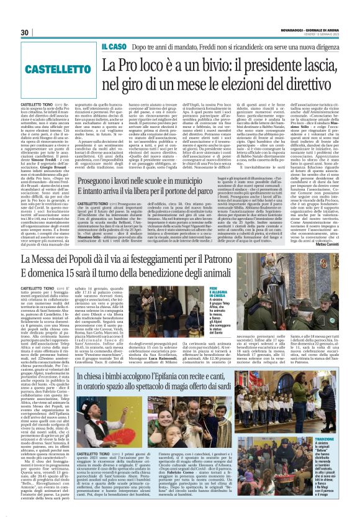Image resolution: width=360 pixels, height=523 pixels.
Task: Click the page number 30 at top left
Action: point(27,32)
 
